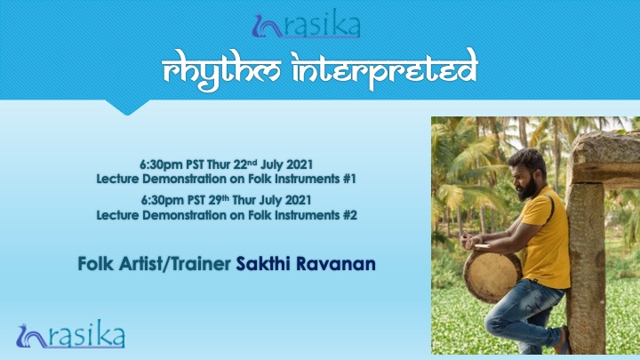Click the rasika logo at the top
[306, 25]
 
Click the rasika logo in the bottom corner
[70, 335]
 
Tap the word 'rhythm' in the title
[220, 70]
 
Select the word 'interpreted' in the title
[385, 68]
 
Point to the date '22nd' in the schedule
[245, 164]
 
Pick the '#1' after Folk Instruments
[350, 179]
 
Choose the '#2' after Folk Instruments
[350, 215]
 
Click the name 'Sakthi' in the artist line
[263, 264]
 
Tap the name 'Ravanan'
[335, 264]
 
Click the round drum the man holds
[492, 276]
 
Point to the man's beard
[528, 189]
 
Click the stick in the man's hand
[481, 246]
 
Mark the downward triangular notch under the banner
[127, 108]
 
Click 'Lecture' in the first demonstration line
[117, 179]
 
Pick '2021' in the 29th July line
[298, 200]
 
